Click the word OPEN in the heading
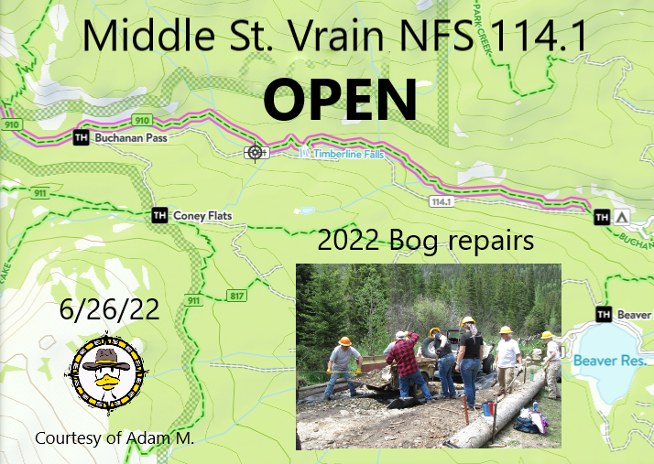click(x=340, y=99)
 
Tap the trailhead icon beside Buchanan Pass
click(x=80, y=137)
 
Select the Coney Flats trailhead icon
click(x=159, y=215)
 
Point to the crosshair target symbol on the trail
click(x=255, y=152)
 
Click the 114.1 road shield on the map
click(x=441, y=200)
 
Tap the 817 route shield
click(x=236, y=296)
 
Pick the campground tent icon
click(x=621, y=217)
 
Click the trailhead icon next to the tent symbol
click(x=602, y=217)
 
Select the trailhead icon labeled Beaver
click(x=604, y=315)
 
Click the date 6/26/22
click(x=109, y=308)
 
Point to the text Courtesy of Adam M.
click(x=114, y=438)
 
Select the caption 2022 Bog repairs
click(x=425, y=242)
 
